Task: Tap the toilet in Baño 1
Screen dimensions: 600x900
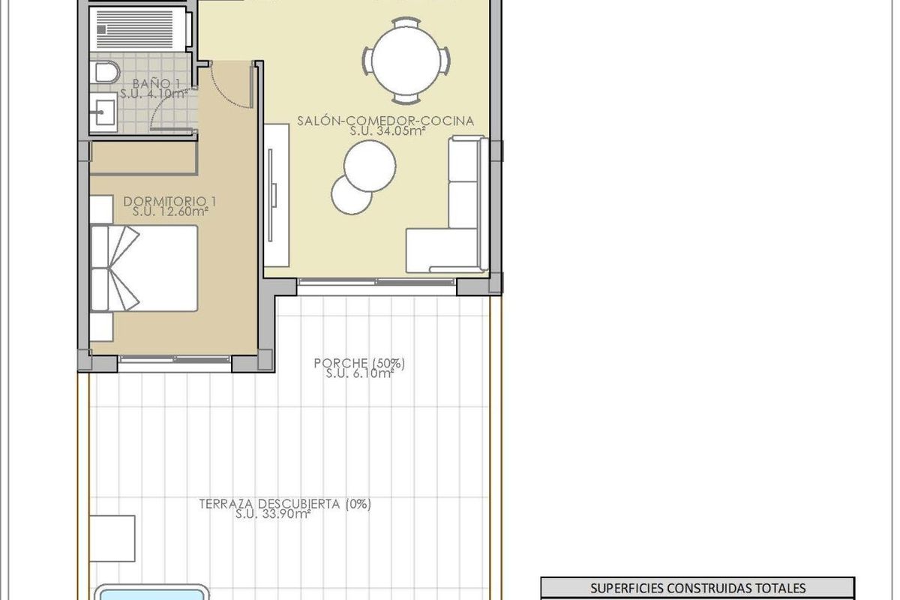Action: click(x=107, y=73)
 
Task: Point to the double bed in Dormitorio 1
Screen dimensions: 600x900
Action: click(x=144, y=268)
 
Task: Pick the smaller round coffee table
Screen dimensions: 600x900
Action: click(x=351, y=195)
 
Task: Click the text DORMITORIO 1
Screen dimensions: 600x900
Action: click(x=170, y=201)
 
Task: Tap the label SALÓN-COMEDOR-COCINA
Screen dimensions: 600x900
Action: click(x=387, y=121)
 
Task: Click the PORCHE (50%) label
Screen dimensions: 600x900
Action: click(x=360, y=364)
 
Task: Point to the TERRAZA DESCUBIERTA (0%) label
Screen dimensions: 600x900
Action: click(x=285, y=504)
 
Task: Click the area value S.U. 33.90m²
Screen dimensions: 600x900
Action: click(x=273, y=514)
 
